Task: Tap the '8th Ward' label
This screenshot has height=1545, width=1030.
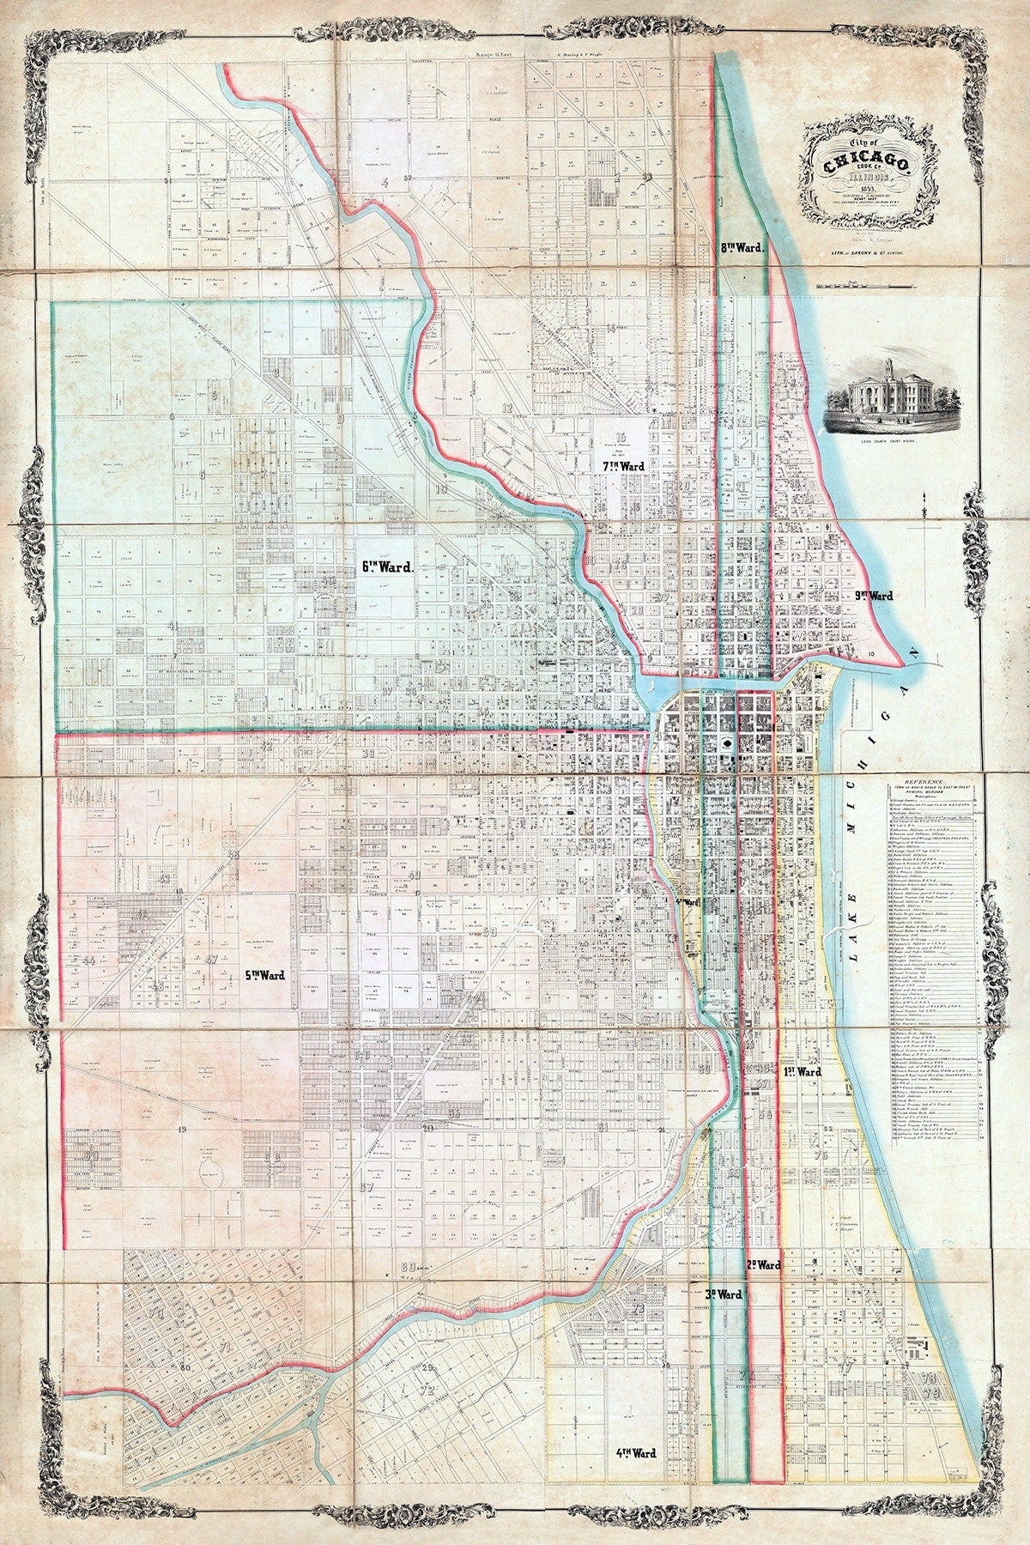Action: click(742, 248)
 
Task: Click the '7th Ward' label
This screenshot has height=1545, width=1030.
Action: click(624, 464)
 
